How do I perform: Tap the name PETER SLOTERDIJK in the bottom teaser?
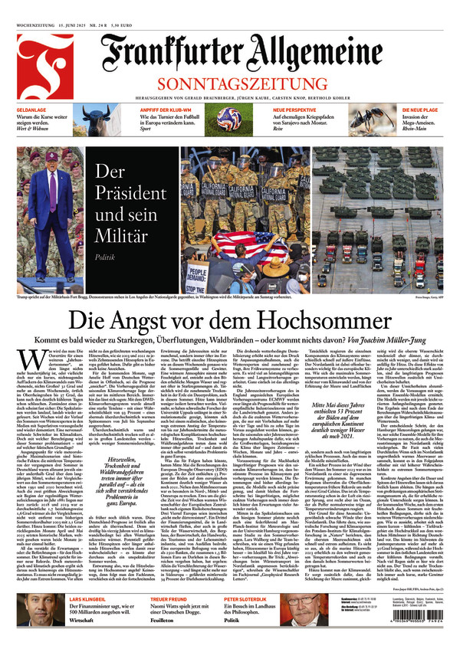tap(253, 598)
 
